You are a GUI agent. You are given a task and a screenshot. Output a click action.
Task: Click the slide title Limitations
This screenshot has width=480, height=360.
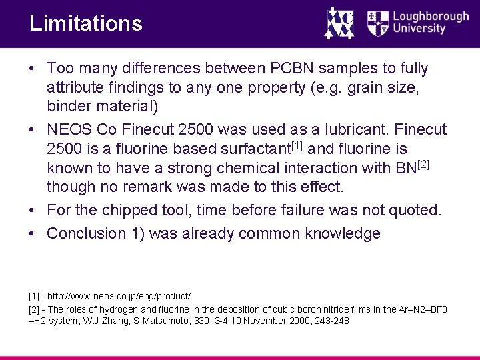tap(86, 24)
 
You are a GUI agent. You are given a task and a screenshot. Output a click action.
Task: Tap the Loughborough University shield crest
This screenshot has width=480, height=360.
tap(378, 23)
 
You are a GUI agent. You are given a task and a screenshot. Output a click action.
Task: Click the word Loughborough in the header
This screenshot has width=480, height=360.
tap(431, 17)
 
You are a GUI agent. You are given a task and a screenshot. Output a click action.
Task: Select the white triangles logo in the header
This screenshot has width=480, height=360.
tap(339, 23)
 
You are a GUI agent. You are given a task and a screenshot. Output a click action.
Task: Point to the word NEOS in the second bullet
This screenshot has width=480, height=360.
tap(71, 129)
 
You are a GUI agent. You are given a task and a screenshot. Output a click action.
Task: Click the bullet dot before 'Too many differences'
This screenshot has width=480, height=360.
tap(32, 68)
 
